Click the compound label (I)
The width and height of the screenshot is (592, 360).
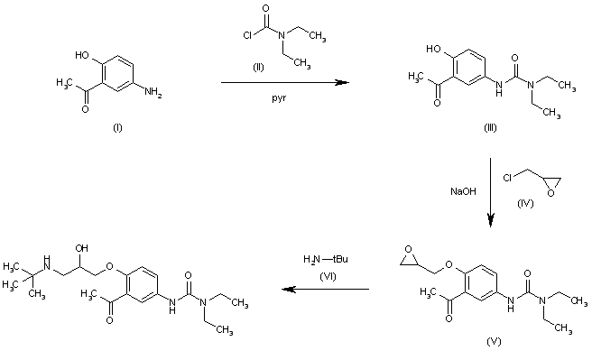[116, 128]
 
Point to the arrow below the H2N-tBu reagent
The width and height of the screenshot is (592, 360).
[325, 290]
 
